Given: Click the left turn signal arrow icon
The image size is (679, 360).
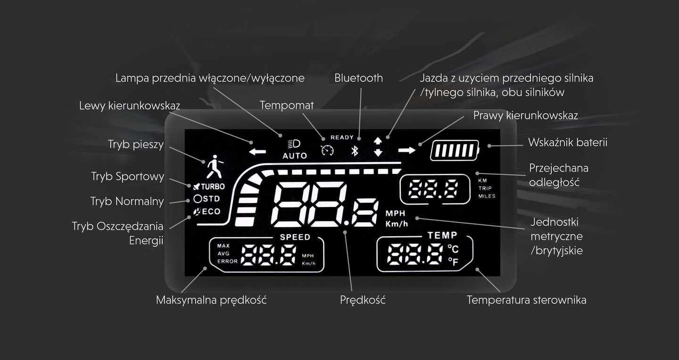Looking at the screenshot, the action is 257,152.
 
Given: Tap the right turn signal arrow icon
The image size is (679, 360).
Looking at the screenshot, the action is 407,150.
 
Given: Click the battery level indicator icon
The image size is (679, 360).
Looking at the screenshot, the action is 455,150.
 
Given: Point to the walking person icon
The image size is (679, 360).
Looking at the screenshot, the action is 215,166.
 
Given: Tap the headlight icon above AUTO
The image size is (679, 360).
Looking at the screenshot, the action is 294,144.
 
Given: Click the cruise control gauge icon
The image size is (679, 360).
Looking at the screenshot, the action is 327,150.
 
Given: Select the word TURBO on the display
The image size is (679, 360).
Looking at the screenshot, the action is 213,187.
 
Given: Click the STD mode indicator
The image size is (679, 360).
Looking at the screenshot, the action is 207,199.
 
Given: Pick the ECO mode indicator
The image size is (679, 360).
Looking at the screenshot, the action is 207,212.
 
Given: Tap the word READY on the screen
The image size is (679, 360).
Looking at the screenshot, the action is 342,138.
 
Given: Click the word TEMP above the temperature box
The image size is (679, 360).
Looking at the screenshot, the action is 442,235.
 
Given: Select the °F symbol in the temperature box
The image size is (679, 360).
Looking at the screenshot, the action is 454,262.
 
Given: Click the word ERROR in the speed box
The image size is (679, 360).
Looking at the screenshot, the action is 227,261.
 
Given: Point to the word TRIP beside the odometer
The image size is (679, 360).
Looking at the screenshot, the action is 485,188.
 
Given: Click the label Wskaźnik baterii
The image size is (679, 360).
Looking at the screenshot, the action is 568,142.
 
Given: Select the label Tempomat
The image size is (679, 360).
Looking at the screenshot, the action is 287,105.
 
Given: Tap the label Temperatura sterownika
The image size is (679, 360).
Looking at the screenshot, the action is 527,300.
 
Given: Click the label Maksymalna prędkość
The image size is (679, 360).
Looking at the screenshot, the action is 211,300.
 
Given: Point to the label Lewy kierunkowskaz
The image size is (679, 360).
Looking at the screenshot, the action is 129,106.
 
